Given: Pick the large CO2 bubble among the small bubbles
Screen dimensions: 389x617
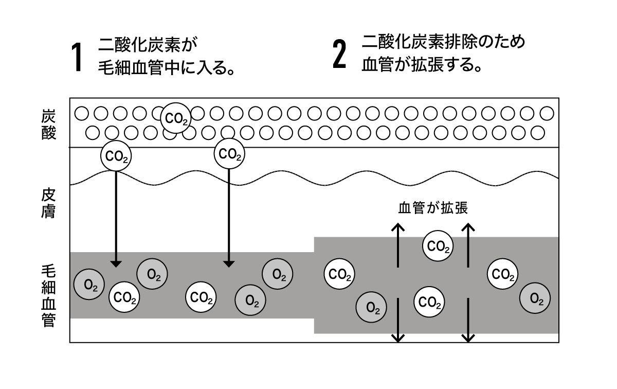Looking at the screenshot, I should point(176,118).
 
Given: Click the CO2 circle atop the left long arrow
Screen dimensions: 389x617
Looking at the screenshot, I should point(116,155).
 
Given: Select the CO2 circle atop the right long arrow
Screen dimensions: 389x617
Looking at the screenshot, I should point(229,153).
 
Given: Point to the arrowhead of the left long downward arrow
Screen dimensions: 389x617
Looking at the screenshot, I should point(116,263).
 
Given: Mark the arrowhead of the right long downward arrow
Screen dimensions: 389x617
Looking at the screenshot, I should point(229,263).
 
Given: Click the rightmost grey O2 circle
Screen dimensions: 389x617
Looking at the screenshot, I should point(535,298).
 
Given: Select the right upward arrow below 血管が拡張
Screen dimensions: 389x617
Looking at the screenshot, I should point(467,244).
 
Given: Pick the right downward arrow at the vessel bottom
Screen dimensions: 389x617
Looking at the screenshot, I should point(467,322).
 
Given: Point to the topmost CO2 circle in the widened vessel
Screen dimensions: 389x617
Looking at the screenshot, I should point(438,246).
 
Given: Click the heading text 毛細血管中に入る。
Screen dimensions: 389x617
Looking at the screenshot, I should point(167,68).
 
